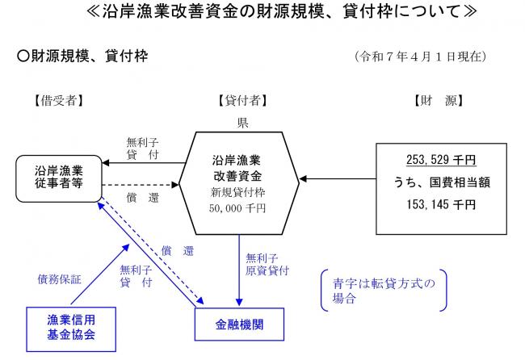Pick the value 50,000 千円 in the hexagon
tap(241, 209)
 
